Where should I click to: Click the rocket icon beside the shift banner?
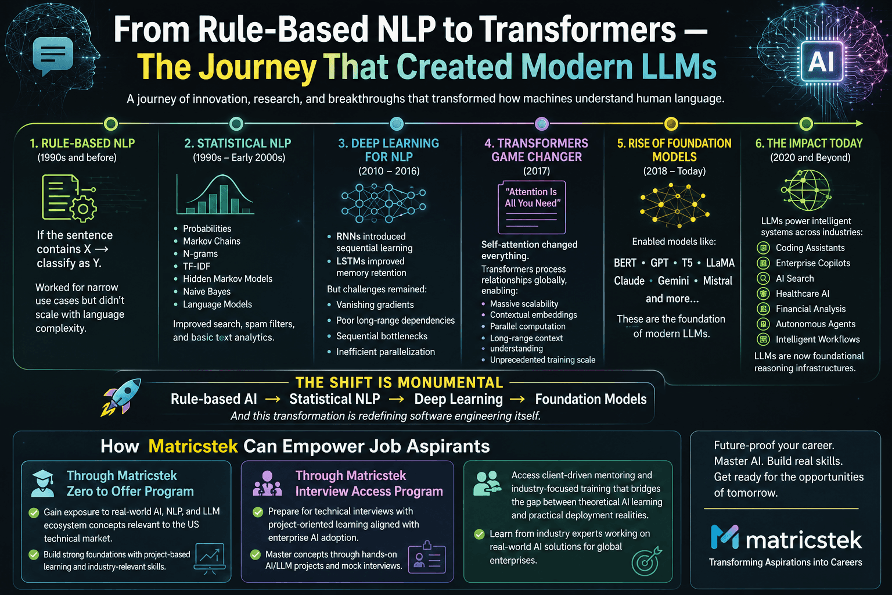pyautogui.click(x=121, y=397)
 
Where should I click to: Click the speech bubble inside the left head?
pyautogui.click(x=53, y=56)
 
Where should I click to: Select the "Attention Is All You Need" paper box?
pyautogui.click(x=531, y=207)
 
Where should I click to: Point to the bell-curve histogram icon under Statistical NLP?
pyautogui.click(x=215, y=195)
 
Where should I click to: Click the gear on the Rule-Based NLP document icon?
pyautogui.click(x=83, y=209)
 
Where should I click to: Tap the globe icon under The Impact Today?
pyautogui.click(x=806, y=191)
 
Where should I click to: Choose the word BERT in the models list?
pyautogui.click(x=625, y=263)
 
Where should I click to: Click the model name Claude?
pyautogui.click(x=629, y=281)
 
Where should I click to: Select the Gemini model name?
pyautogui.click(x=673, y=281)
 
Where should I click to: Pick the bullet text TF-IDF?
pyautogui.click(x=196, y=266)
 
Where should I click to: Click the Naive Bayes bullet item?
pyautogui.click(x=207, y=292)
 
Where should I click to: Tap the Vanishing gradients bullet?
pyautogui.click(x=375, y=305)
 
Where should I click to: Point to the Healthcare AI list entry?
pyautogui.click(x=803, y=293)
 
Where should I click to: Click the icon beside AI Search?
pyautogui.click(x=763, y=278)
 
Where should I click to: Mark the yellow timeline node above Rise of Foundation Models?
pyautogui.click(x=671, y=124)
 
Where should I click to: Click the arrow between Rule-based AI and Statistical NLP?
pyautogui.click(x=273, y=399)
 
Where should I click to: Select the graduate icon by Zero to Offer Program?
pyautogui.click(x=43, y=483)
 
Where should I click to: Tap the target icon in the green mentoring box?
pyautogui.click(x=646, y=561)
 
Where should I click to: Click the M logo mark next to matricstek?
pyautogui.click(x=725, y=537)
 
